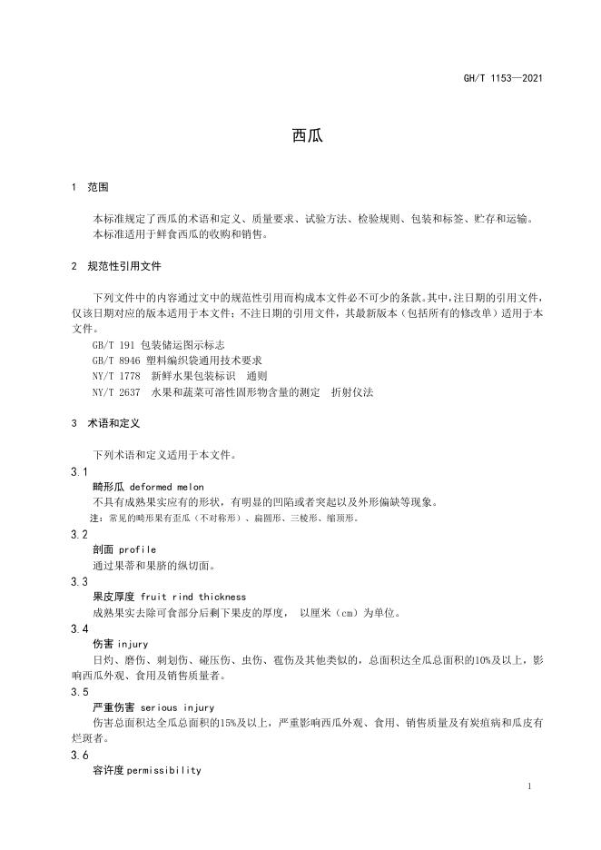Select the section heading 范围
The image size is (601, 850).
pos(97,188)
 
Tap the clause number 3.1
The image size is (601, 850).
pos(79,471)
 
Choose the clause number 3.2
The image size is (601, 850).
pos(79,534)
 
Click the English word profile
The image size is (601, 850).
pos(137,549)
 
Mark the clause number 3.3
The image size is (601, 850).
pos(79,581)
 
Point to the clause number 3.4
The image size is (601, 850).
pos(79,628)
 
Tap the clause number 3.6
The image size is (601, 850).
pos(79,754)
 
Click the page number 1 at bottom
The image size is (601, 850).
pos(528,786)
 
